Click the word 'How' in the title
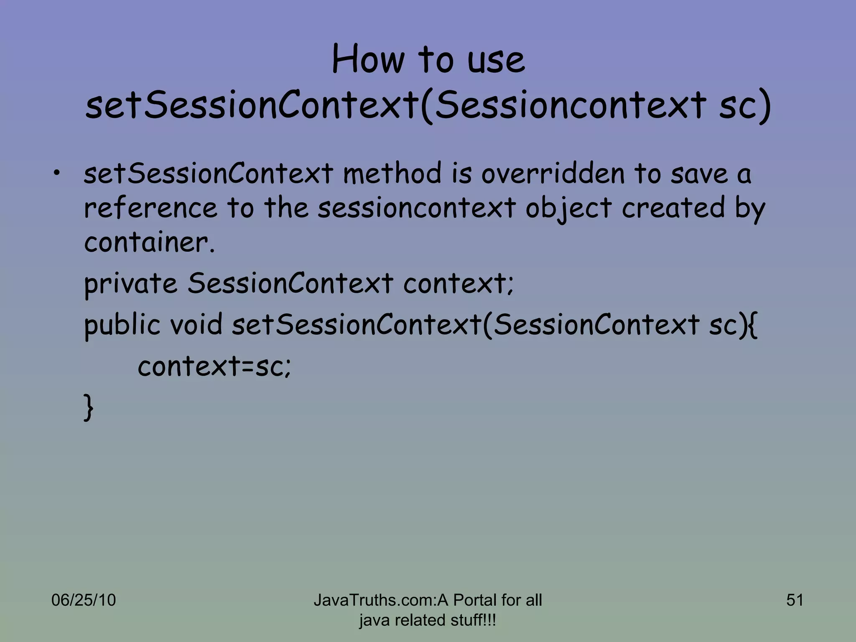pyautogui.click(x=368, y=60)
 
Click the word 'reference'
pyautogui.click(x=150, y=208)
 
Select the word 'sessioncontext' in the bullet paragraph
pyautogui.click(x=416, y=208)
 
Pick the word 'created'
pyautogui.click(x=673, y=208)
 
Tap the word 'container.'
pyautogui.click(x=149, y=242)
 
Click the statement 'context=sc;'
pyautogui.click(x=214, y=367)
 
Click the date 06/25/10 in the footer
pyautogui.click(x=83, y=600)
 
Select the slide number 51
pyautogui.click(x=795, y=600)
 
